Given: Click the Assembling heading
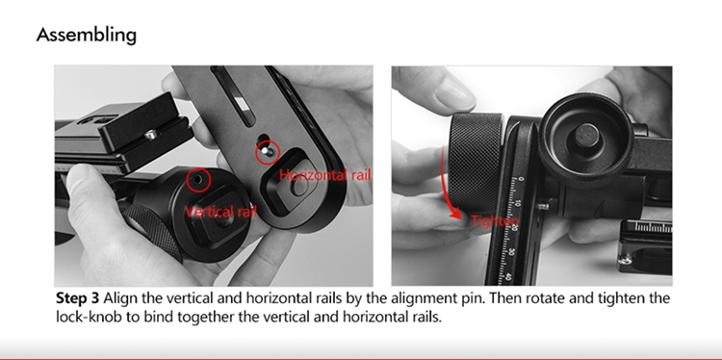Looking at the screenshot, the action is pos(86,35).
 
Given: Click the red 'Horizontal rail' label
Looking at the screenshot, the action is pos(324,175).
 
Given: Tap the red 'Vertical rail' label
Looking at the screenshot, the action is pos(220,212).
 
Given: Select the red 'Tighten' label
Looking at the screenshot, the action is pos(495,221).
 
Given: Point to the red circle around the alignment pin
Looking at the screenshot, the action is pos(268,152).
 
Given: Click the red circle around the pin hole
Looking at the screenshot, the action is pos(198,180).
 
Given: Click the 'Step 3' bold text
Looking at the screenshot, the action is pos(77,298).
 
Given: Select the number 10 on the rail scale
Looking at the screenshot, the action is pos(518,202).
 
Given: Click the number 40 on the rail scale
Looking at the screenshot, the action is pos(508,277).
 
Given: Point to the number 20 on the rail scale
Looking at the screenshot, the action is pos(514,227).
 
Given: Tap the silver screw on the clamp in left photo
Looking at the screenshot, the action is pos(150,135).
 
